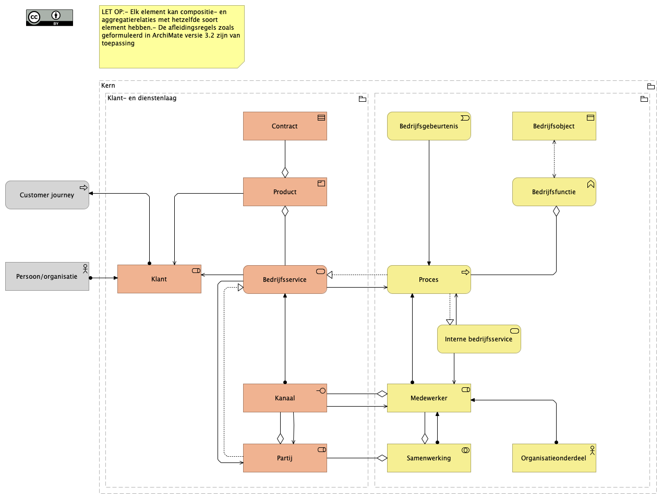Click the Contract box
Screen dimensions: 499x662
285,126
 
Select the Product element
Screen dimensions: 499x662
285,192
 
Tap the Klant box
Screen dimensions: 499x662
159,279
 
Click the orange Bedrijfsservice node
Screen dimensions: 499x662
285,279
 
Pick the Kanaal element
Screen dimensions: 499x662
285,398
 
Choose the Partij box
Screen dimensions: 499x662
285,458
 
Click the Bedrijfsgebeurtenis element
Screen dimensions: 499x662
429,126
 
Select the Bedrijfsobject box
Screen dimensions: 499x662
554,126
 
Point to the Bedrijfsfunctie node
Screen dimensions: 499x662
554,192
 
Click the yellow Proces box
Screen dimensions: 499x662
429,279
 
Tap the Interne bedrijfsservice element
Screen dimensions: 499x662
479,339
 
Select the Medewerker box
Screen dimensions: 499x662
429,398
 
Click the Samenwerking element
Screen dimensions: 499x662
429,458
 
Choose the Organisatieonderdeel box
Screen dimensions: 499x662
554,458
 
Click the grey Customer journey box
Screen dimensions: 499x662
47,195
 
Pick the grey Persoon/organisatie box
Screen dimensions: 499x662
47,276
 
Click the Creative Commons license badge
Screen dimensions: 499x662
50,17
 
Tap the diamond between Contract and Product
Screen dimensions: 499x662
285,172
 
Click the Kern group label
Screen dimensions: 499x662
109,86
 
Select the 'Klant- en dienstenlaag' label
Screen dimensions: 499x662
142,98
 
